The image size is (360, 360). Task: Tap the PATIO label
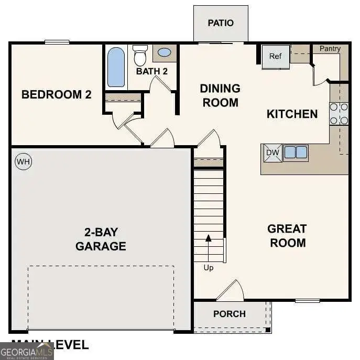point(221,23)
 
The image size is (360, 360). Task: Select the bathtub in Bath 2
point(116,67)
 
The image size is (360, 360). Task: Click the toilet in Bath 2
point(140,55)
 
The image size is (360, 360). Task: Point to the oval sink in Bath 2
point(164,52)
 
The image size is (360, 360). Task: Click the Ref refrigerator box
point(276,56)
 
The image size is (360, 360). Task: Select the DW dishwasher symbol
point(272,152)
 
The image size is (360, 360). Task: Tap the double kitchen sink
point(296,152)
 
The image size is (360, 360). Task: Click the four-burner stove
point(339,114)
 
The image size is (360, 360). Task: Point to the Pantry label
point(330,49)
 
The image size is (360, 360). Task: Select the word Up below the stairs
point(209,268)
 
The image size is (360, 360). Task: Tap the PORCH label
point(230,314)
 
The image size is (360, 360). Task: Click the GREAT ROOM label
point(287,236)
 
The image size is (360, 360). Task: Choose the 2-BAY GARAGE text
point(101,239)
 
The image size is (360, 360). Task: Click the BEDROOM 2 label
point(57,95)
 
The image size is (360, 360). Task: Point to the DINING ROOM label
point(220,95)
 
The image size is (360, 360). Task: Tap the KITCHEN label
point(292,114)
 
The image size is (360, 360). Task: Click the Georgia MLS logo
point(27,351)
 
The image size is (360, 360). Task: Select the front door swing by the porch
point(232,291)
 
